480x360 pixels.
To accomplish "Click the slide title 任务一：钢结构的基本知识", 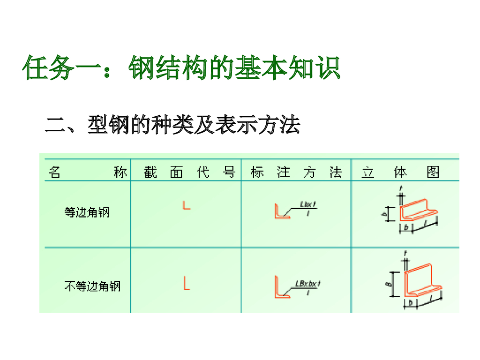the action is tap(181, 68).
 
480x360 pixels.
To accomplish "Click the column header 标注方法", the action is tap(296, 172).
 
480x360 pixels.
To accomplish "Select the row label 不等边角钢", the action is tap(92, 285).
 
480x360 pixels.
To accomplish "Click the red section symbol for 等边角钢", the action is tap(186, 205).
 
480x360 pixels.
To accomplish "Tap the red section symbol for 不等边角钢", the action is tap(186, 283).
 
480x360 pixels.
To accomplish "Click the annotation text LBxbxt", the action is tap(308, 283).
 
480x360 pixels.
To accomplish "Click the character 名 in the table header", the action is tap(54, 172).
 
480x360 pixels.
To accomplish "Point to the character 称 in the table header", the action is tap(120, 172).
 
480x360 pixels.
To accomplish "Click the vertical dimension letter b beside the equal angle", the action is tap(384, 214).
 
